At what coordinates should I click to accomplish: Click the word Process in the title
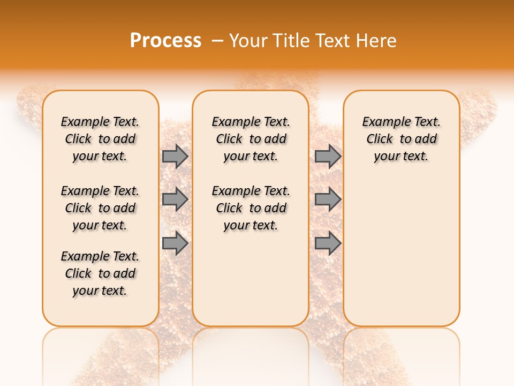[165, 41]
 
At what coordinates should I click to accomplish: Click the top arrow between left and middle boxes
[175, 156]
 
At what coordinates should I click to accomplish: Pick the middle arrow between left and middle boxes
[175, 199]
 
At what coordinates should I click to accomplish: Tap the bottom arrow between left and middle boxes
[175, 243]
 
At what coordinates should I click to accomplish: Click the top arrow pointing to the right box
[328, 156]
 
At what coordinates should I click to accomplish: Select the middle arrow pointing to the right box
[328, 199]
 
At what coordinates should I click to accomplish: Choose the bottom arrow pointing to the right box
[328, 243]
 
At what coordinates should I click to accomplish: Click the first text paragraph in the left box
[100, 139]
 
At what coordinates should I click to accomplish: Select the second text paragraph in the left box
[100, 208]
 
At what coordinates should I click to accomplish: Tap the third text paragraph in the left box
[100, 273]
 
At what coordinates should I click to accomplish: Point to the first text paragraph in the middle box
[251, 139]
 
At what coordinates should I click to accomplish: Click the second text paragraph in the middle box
[251, 208]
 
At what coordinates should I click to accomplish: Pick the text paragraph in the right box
[401, 139]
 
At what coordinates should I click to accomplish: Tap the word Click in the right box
[380, 139]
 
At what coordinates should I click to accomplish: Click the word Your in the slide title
[249, 41]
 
